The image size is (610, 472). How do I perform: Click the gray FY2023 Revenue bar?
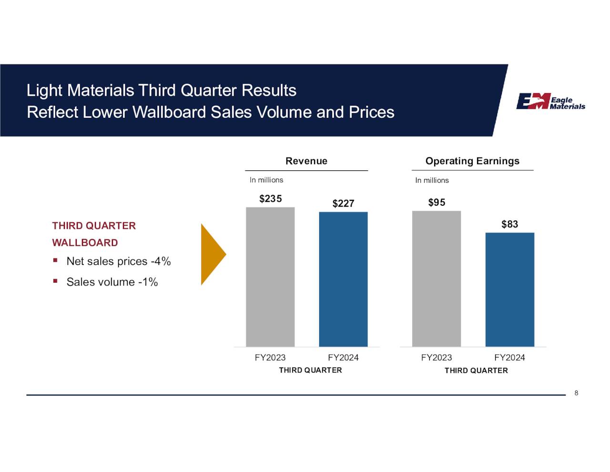[270, 277]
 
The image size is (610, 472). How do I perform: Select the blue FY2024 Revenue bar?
[343, 279]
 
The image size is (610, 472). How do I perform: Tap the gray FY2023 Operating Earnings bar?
[436, 279]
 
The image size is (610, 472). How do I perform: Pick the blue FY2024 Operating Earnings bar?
[509, 290]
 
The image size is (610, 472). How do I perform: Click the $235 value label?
[270, 199]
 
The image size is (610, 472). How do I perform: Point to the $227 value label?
[343, 203]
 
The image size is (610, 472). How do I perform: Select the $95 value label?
[437, 202]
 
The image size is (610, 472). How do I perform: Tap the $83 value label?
[509, 224]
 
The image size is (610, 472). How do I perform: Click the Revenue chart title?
[306, 161]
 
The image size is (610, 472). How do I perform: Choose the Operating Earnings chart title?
[472, 161]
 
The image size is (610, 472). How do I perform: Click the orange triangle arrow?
[212, 254]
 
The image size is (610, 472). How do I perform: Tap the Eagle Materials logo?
[550, 102]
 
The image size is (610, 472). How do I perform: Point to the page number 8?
[576, 393]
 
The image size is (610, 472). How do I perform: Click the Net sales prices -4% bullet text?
[118, 261]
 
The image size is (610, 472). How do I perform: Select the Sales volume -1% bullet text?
[112, 282]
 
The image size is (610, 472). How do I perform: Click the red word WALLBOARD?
[85, 242]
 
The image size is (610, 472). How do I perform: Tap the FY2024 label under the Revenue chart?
[343, 357]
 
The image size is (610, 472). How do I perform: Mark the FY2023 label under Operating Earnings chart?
[436, 357]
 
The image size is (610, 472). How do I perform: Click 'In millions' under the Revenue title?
[266, 180]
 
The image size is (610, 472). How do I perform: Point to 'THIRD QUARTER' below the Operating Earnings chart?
[476, 370]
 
